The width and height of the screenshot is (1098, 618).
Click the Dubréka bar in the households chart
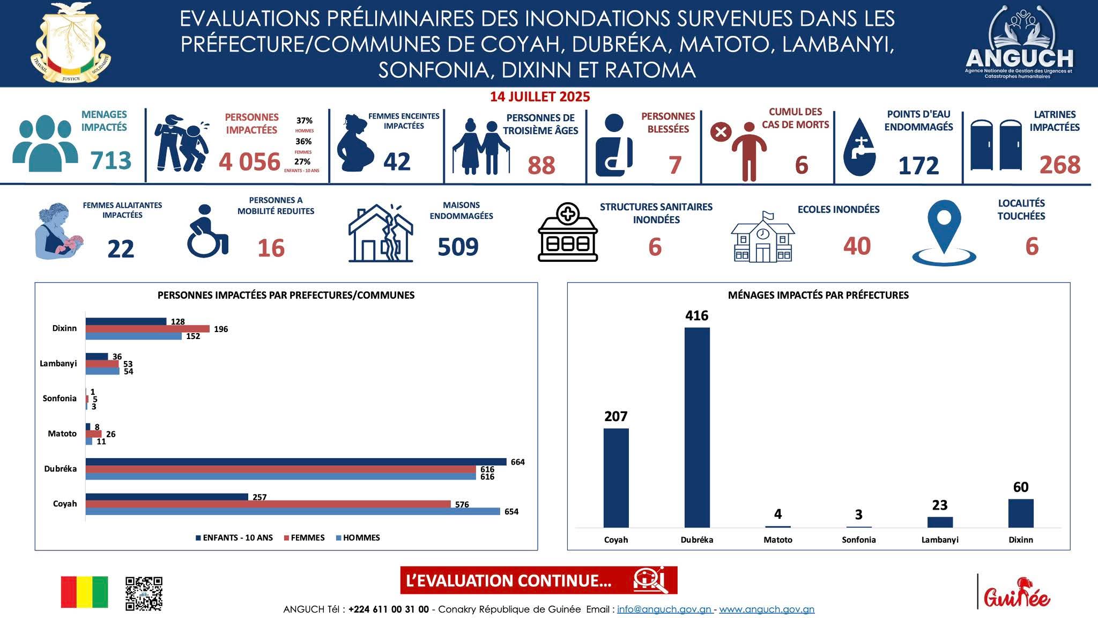[697, 427]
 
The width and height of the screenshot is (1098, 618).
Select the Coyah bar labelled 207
[616, 477]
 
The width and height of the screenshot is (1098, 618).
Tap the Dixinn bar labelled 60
[1021, 513]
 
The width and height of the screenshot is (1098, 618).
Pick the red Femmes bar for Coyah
[268, 504]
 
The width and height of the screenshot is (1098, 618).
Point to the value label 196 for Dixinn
[221, 329]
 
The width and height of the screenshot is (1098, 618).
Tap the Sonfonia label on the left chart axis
[60, 399]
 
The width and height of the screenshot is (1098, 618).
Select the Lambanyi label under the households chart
[940, 540]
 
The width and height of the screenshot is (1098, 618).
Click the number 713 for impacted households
[111, 160]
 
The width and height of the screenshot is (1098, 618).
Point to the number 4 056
[249, 162]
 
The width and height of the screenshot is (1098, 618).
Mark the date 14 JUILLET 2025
[540, 97]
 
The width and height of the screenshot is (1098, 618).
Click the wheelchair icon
[207, 231]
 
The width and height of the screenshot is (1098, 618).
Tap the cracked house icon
[381, 233]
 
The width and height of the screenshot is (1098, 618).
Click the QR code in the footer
[144, 594]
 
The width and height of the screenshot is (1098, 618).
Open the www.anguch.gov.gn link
[767, 609]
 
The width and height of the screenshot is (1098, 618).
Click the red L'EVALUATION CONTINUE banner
[538, 580]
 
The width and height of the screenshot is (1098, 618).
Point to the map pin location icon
[944, 232]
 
